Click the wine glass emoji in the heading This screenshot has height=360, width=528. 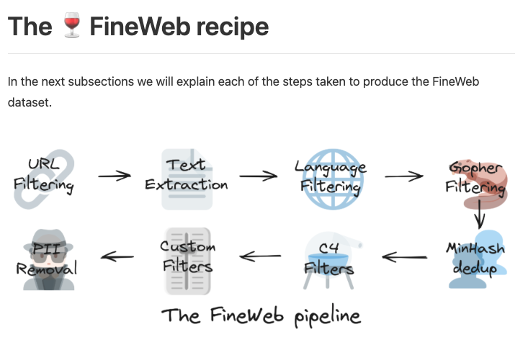point(71,27)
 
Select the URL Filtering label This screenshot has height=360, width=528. point(43,175)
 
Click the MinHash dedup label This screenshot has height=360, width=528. point(476,258)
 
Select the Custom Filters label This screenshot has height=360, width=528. point(187,257)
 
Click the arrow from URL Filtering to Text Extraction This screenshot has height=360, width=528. point(114,176)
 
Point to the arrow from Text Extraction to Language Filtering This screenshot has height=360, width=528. point(258,176)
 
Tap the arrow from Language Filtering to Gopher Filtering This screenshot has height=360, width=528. point(404,176)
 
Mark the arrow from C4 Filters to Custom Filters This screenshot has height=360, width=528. point(260,256)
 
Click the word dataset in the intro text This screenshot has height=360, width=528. point(30,103)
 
